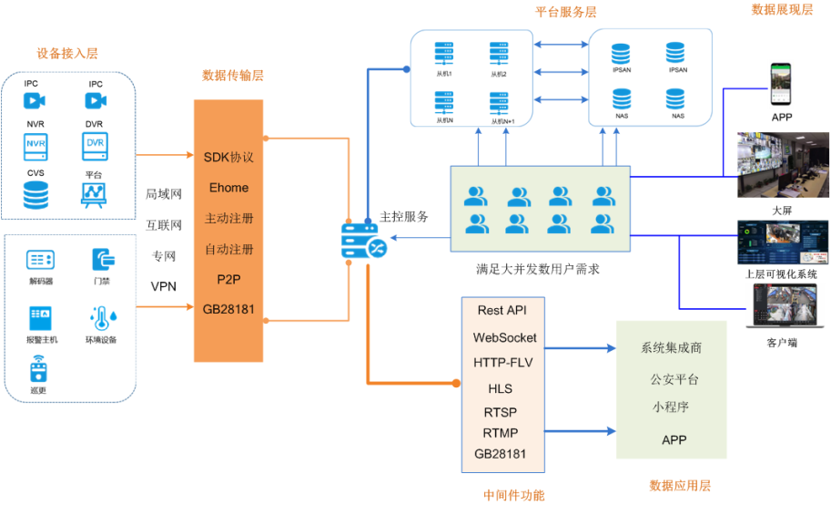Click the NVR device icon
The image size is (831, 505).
tap(36, 145)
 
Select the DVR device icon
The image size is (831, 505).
tap(95, 144)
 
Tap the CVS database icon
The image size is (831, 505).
tap(36, 194)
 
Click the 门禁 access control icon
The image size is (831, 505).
tap(102, 259)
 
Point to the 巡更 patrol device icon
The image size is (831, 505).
tap(37, 368)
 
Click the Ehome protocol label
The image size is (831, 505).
tap(228, 188)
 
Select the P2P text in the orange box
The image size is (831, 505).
tap(228, 279)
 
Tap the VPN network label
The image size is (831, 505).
tap(164, 286)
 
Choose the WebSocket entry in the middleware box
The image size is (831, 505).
tap(504, 337)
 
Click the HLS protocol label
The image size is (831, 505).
tap(501, 389)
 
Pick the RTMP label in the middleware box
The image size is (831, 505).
tap(501, 432)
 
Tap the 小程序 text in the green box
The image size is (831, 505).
tap(672, 407)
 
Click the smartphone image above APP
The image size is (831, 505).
tap(781, 85)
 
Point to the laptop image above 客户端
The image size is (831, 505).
tap(783, 307)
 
